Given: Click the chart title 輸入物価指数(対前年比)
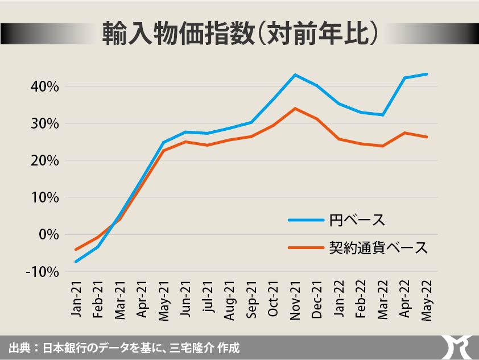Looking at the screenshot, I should coord(239,34).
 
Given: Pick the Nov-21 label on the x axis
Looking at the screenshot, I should coord(295,300).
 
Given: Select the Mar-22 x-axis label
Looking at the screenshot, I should coord(382,300).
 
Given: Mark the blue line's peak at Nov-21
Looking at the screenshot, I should coord(295,75).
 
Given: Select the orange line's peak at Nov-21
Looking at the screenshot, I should coord(295,108).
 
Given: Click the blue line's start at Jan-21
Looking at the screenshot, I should coord(76,262).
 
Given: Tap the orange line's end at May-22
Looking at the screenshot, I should coord(426,137).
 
